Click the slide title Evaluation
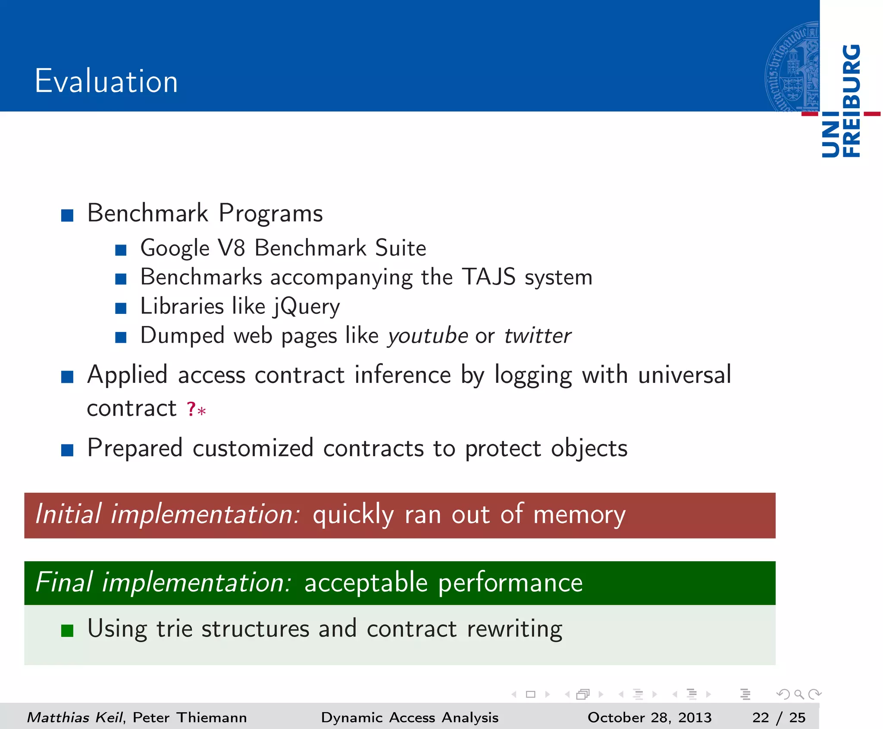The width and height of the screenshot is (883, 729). pyautogui.click(x=106, y=81)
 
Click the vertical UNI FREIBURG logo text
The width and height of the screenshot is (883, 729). pyautogui.click(x=841, y=101)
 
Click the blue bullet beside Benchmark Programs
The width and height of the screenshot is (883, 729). pyautogui.click(x=67, y=215)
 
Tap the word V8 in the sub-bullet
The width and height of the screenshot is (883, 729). pyautogui.click(x=232, y=248)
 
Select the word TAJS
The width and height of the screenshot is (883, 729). pyautogui.click(x=488, y=277)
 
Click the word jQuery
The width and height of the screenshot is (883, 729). pyautogui.click(x=307, y=307)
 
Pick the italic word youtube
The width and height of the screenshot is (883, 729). pyautogui.click(x=427, y=336)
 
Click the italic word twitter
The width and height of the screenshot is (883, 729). pyautogui.click(x=538, y=336)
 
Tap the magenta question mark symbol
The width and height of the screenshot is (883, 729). pyautogui.click(x=191, y=409)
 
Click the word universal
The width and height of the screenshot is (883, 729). pyautogui.click(x=685, y=374)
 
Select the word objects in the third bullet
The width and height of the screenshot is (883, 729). pyautogui.click(x=589, y=448)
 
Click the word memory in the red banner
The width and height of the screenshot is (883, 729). pyautogui.click(x=579, y=515)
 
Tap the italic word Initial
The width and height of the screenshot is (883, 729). pyautogui.click(x=68, y=514)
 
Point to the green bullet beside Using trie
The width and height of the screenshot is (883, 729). pyautogui.click(x=67, y=631)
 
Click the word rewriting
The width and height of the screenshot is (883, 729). pyautogui.click(x=514, y=629)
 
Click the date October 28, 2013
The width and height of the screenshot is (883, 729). pyautogui.click(x=649, y=717)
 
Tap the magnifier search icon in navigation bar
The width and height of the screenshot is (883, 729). pyautogui.click(x=798, y=694)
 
